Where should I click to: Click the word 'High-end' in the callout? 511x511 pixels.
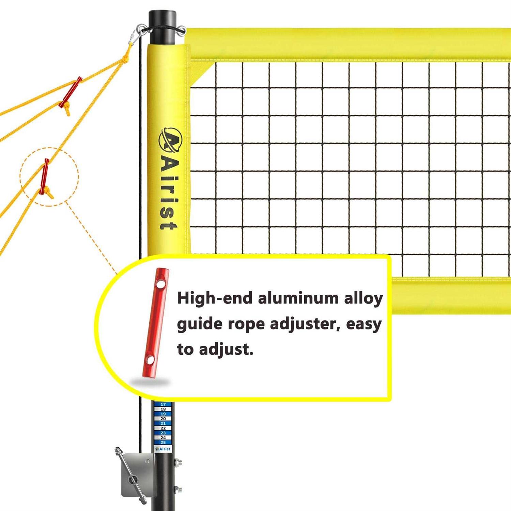pos(215,298)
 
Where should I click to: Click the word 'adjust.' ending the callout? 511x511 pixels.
pos(226,350)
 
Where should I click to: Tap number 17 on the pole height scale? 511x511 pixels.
pos(163,404)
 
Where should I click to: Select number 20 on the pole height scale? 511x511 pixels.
pos(163,419)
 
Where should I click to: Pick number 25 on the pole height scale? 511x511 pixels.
pos(163,443)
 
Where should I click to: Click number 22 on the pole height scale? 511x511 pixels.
pos(163,428)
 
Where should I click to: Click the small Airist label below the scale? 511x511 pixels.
pos(163,449)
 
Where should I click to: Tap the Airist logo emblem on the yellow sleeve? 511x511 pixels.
pos(170,140)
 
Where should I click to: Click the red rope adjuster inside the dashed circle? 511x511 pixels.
pos(44,176)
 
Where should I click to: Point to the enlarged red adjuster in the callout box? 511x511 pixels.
pos(156,323)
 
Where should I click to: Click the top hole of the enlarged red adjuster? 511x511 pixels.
pos(160,283)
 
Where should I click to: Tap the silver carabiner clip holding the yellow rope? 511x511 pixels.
pos(136,35)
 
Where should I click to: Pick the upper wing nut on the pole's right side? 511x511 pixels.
pos(178,462)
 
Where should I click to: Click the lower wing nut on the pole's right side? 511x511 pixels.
pos(178,490)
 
